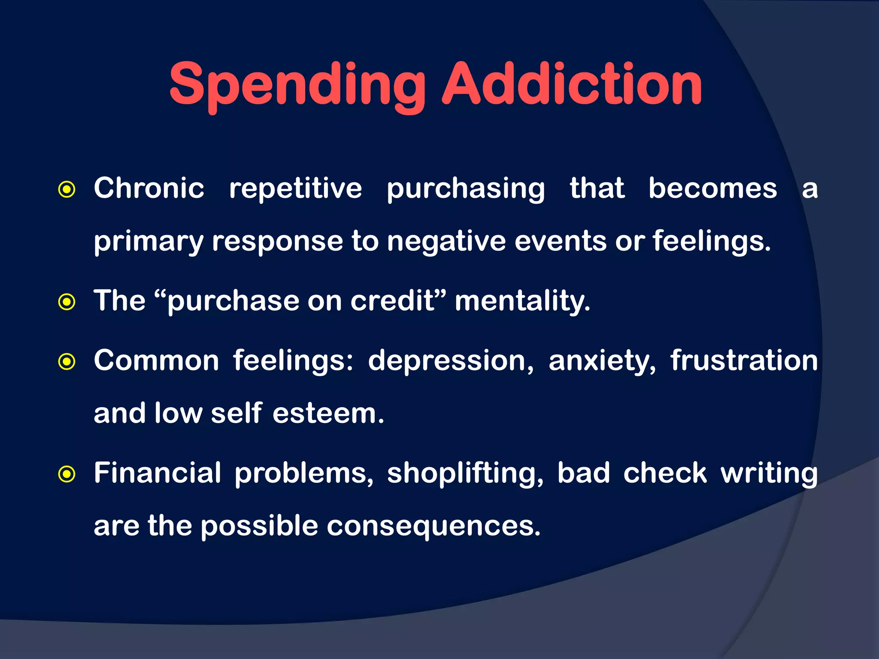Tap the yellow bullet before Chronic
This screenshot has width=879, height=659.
tap(67, 189)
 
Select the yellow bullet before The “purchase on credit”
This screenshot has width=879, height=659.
tap(67, 302)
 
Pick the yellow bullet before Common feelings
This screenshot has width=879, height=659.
tap(67, 362)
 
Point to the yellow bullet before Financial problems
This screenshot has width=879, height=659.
tap(67, 474)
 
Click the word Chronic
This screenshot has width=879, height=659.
tap(149, 188)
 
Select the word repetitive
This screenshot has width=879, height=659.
tap(295, 188)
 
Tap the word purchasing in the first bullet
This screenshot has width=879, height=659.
tap(466, 189)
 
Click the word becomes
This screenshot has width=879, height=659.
tap(712, 188)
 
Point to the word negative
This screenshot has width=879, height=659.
tap(446, 242)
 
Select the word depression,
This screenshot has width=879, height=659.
tap(451, 361)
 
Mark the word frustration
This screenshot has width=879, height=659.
tap(744, 360)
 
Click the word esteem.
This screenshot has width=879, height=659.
tap(328, 414)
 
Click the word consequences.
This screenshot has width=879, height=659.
tap(433, 526)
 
